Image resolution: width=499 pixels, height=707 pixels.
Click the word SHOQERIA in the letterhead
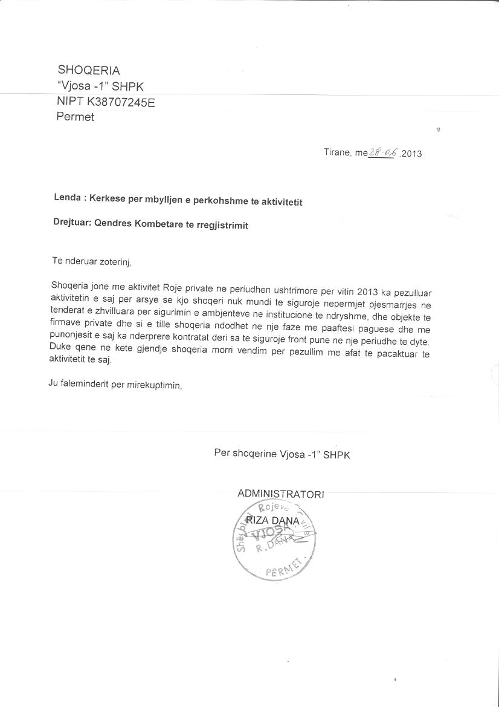click(x=88, y=70)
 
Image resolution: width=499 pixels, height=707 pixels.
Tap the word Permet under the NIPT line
click(x=76, y=117)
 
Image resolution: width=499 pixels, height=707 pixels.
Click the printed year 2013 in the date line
click(x=412, y=153)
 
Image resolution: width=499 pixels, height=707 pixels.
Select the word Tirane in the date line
click(x=337, y=152)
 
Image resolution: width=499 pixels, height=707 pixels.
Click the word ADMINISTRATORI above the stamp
click(x=281, y=494)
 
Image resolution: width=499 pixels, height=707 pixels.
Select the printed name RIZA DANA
click(x=273, y=521)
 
